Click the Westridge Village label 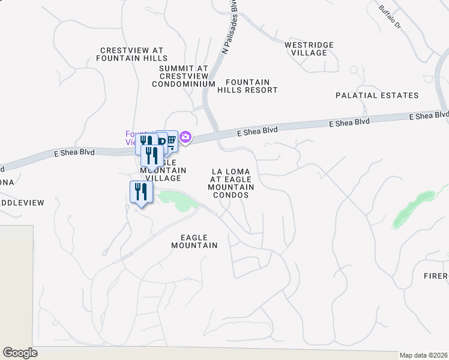click(x=306, y=49)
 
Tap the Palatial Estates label click(x=376, y=95)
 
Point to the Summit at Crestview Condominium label click(x=183, y=77)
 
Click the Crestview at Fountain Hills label click(x=131, y=55)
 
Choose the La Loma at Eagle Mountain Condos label click(x=231, y=184)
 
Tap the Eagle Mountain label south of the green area click(x=194, y=241)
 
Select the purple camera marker click(x=185, y=138)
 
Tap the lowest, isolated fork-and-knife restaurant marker click(x=140, y=193)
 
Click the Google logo click(x=20, y=353)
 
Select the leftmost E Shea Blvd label click(x=74, y=153)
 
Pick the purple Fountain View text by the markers click(x=132, y=138)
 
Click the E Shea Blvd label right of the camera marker click(x=257, y=130)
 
